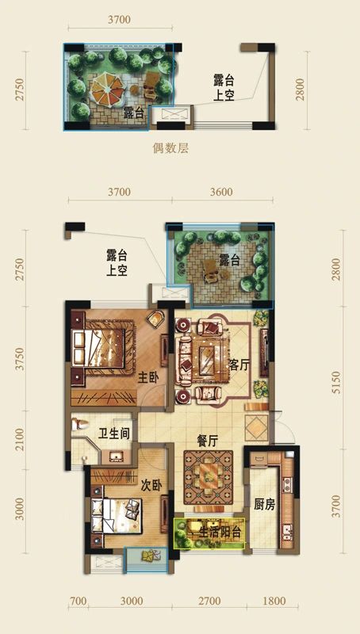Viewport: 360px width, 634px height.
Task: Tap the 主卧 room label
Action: tap(147, 378)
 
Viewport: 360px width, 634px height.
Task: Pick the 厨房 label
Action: tap(264, 504)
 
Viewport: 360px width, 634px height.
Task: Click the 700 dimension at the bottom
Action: tap(77, 602)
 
